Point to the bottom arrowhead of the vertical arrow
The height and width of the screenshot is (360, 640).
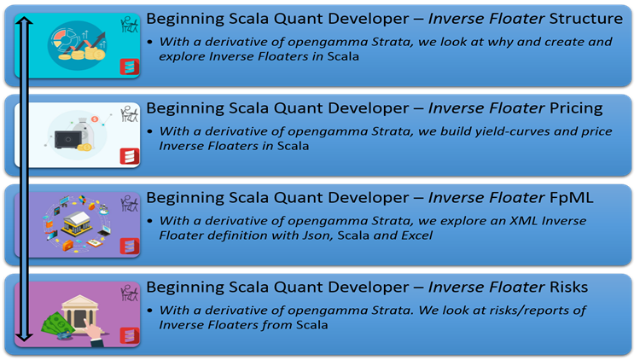[25, 337]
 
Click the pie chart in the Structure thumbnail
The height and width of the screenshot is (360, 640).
[63, 38]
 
